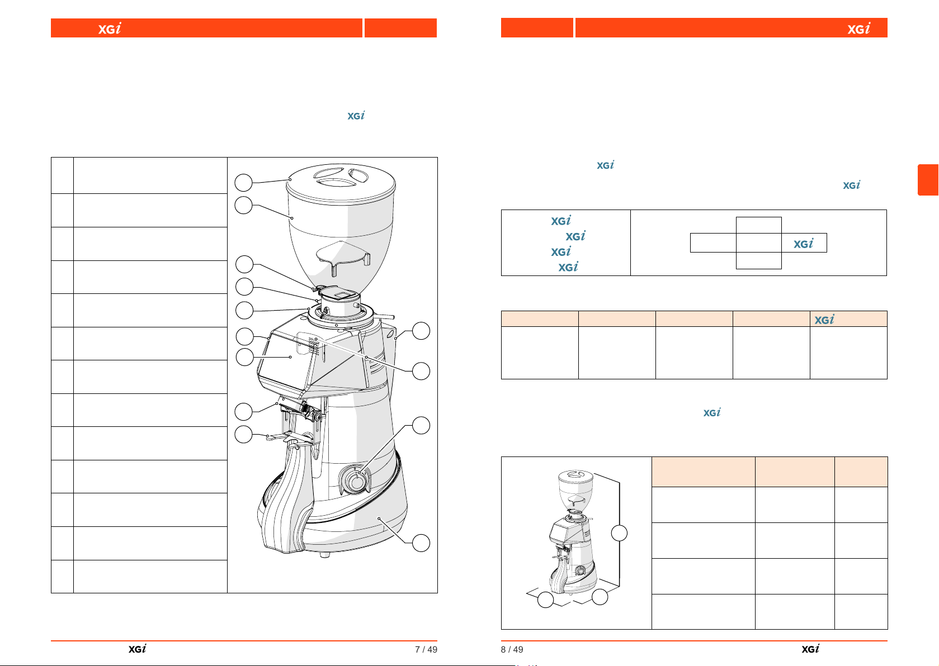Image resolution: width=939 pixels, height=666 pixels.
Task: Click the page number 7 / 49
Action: click(x=426, y=649)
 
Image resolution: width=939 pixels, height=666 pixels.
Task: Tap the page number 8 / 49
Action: click(x=512, y=649)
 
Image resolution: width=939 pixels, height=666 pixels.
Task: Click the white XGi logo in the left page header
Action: click(x=110, y=28)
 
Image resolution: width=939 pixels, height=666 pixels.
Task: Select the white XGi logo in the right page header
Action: click(x=858, y=28)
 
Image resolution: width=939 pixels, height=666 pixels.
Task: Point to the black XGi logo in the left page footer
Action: click(x=137, y=649)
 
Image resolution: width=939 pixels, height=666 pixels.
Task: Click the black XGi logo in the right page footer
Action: click(x=810, y=649)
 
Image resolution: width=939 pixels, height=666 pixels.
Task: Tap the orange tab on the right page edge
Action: click(x=928, y=180)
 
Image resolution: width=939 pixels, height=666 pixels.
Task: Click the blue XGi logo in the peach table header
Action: click(x=824, y=319)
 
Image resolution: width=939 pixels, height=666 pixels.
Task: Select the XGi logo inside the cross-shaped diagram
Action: click(x=803, y=244)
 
